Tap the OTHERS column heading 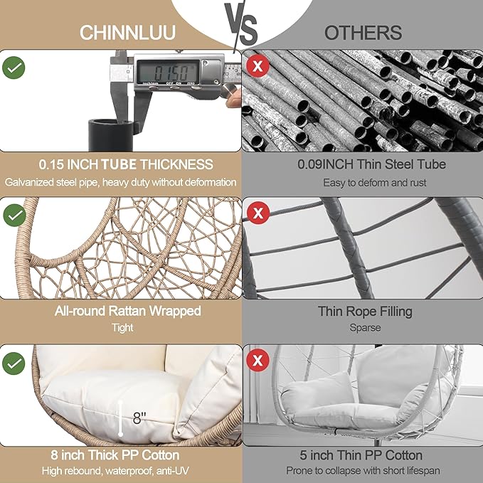(x=363, y=33)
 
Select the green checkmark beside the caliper (x=14, y=68)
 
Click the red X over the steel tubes (x=257, y=68)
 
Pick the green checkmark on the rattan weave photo (x=14, y=215)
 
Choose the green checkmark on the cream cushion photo (x=14, y=363)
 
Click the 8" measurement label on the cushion (x=139, y=420)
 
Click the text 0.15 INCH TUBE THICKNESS (x=120, y=164)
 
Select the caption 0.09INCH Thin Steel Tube (x=362, y=164)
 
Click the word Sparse (x=364, y=328)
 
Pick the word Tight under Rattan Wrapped (x=122, y=328)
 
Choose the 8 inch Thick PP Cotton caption (x=120, y=455)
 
